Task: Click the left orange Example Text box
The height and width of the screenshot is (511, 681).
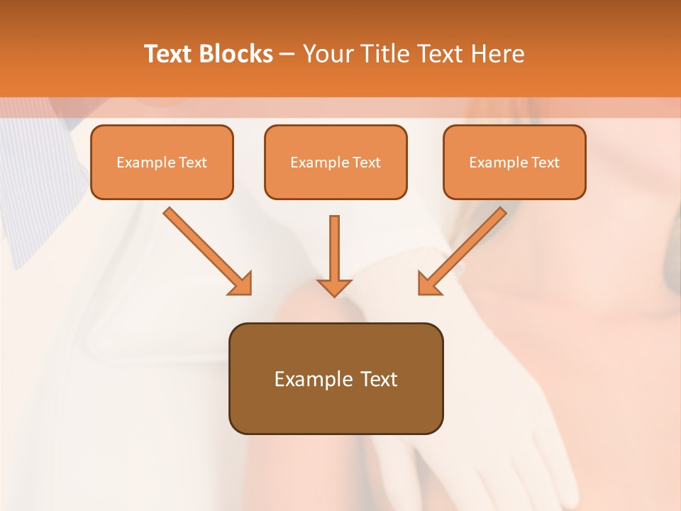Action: pos(162,162)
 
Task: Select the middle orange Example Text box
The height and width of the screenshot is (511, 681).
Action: pos(336,162)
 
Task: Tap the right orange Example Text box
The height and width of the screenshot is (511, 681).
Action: pos(514,162)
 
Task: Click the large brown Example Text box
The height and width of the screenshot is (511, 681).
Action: pos(336,378)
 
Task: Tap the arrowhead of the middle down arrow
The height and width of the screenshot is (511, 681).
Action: pos(334,287)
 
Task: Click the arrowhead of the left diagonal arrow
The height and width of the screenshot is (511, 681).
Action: pos(241,284)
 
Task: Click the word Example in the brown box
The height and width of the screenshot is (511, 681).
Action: pos(304,379)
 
